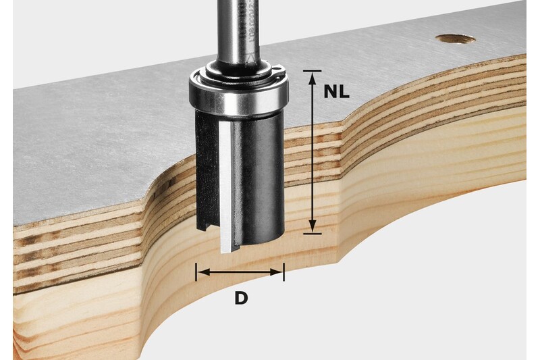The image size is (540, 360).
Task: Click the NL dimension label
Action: click(x=336, y=92)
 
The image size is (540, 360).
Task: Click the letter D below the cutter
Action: click(x=241, y=297)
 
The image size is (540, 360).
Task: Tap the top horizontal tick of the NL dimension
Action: click(x=312, y=70)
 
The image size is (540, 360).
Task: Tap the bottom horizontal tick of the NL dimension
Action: click(x=312, y=233)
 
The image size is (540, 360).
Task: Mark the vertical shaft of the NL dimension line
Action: click(x=312, y=152)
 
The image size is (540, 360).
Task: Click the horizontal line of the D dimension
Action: click(x=240, y=272)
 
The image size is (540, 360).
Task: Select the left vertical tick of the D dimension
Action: click(x=196, y=272)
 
